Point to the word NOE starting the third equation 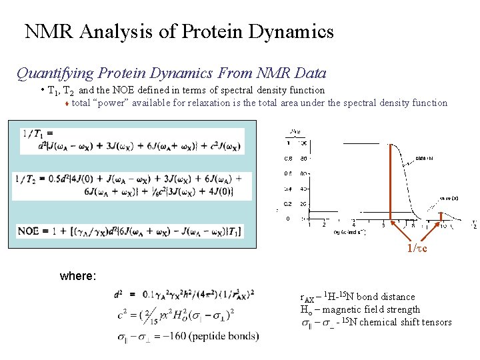coord(29,231)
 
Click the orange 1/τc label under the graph coord(417,249)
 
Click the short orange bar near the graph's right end coord(441,215)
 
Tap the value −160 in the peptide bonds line coord(170,335)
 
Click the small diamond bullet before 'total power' coord(67,103)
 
